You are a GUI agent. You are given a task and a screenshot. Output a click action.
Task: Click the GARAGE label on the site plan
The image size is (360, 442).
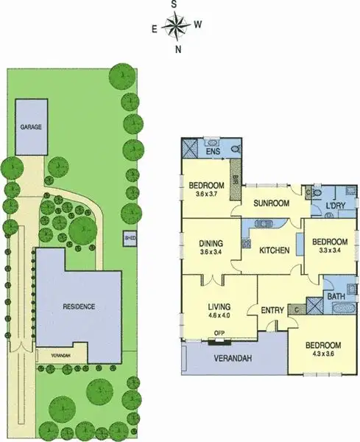tap(31, 127)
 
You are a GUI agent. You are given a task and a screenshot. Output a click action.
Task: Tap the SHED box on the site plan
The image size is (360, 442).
tap(130, 238)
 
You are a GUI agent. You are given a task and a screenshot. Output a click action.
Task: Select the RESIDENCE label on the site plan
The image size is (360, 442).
tap(78, 306)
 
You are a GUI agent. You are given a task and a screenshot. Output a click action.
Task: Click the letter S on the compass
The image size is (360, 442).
tap(175, 4)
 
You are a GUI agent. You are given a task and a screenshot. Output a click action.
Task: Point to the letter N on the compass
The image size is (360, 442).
tap(177, 50)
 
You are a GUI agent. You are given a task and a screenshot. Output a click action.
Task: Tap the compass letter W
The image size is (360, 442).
tap(199, 24)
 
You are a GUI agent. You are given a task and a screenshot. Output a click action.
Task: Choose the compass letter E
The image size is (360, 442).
tap(154, 29)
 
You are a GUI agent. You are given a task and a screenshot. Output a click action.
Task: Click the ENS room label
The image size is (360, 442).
tap(213, 153)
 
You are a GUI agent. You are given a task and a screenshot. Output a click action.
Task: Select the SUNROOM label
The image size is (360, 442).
tap(269, 203)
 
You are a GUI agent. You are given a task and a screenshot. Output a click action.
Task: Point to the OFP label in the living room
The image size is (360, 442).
tap(219, 333)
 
